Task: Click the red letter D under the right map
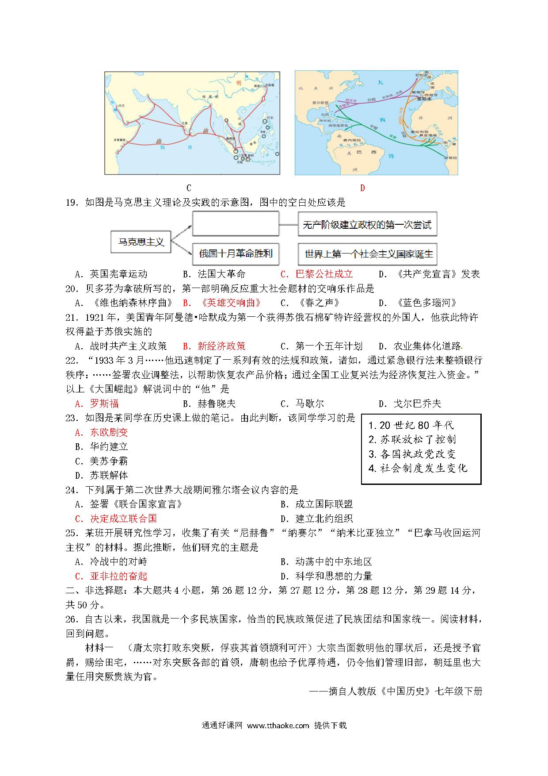coord(362,188)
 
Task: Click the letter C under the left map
coord(189,188)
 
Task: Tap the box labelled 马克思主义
coord(141,242)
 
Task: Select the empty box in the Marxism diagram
coord(236,223)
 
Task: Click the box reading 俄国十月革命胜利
coord(236,254)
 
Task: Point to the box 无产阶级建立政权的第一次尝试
coord(367,225)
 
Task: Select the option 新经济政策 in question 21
coord(221,346)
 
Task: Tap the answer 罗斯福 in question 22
coord(104,403)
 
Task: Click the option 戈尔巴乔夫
coord(417,403)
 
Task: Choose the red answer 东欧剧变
coord(109,432)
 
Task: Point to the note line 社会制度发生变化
coord(423,468)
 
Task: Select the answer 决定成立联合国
coord(123,519)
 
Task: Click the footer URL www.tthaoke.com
coord(278,725)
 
